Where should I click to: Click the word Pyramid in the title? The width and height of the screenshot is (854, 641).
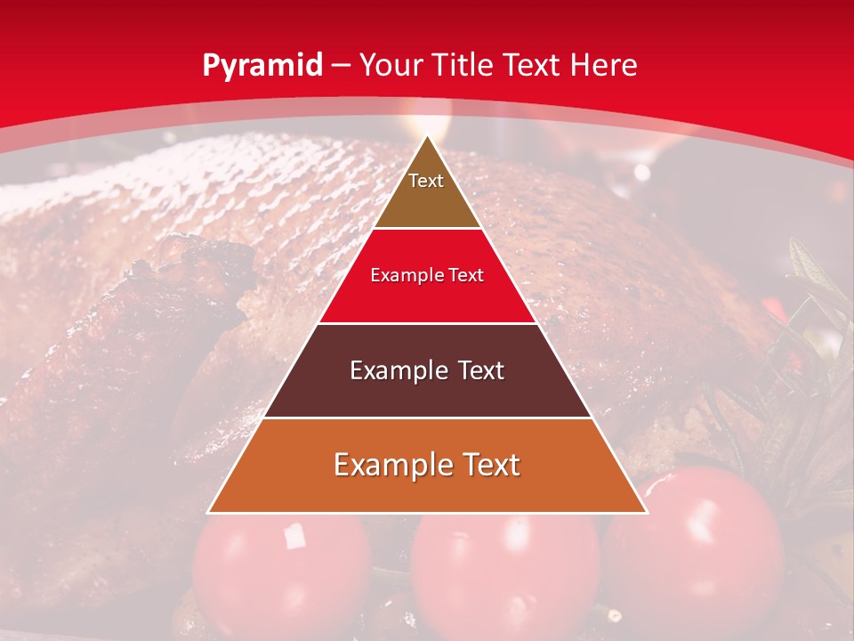(x=262, y=66)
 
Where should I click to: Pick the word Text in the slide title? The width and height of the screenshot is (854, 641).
(x=536, y=65)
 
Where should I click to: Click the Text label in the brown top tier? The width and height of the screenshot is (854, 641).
(x=426, y=181)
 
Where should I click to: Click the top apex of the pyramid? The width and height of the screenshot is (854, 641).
(x=427, y=136)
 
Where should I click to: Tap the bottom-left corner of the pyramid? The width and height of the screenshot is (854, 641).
(x=209, y=512)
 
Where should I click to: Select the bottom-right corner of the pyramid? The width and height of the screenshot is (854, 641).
(x=646, y=512)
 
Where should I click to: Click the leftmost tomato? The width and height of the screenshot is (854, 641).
(x=280, y=570)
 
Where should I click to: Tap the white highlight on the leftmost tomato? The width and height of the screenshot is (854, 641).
(x=294, y=536)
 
